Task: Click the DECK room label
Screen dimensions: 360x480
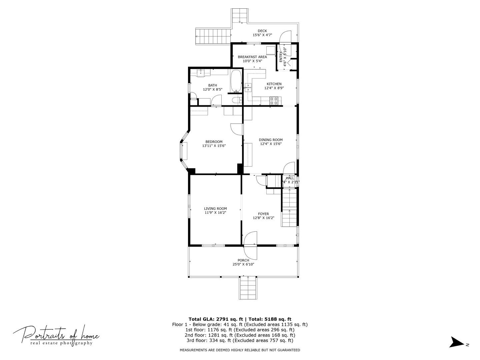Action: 262,31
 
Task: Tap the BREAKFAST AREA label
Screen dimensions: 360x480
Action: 252,57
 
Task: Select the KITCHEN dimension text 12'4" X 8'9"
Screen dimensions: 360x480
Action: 274,88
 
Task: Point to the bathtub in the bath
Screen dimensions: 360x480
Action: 236,81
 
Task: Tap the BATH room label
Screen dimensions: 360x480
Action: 213,85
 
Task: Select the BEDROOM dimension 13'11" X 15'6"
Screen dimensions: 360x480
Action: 214,146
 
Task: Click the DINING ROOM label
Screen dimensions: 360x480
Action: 271,140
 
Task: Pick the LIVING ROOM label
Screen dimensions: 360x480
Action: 215,209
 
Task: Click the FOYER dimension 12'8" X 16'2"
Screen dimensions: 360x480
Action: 263,218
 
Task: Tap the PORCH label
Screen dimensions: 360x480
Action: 243,260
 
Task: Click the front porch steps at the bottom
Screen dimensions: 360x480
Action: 248,289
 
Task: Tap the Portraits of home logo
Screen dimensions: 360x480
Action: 56,335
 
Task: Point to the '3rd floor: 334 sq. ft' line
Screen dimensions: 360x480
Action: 240,340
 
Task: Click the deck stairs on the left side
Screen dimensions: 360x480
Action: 213,36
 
